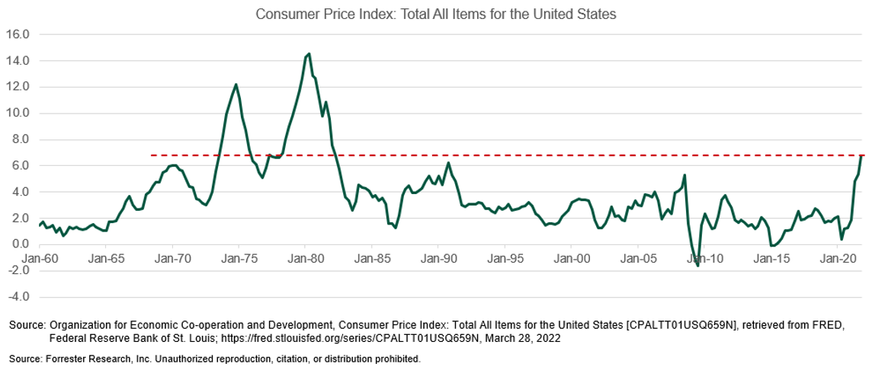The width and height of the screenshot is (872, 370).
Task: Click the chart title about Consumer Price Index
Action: [435, 14]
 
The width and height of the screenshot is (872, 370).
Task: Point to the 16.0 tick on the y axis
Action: [18, 34]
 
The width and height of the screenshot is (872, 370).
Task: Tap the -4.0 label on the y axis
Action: [18, 297]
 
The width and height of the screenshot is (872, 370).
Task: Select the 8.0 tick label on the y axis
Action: [18, 139]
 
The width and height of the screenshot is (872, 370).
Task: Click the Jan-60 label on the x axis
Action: [40, 258]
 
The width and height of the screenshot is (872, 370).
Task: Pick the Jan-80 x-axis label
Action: [306, 258]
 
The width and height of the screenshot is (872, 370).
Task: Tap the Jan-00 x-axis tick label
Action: [572, 258]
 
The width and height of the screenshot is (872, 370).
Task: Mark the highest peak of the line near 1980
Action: [308, 54]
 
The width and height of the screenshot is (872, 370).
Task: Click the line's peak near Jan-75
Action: [236, 85]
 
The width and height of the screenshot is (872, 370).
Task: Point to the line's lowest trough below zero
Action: [697, 266]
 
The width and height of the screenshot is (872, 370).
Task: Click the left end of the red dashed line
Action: [151, 155]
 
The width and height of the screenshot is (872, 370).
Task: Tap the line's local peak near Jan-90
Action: [448, 163]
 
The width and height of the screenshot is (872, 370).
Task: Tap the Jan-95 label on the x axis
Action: [505, 258]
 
